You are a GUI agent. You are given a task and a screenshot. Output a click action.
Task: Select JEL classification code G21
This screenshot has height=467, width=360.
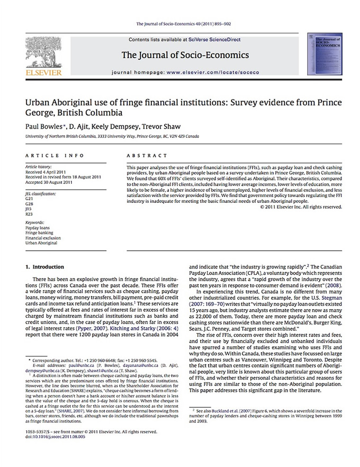coord(29,195)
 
